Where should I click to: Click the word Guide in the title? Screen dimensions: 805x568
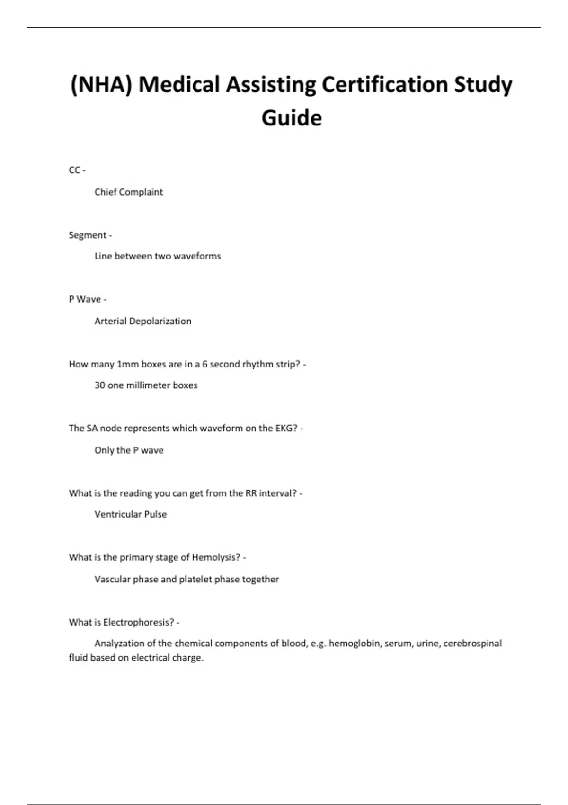pyautogui.click(x=292, y=118)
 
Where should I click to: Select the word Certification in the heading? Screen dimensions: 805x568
pyautogui.click(x=384, y=85)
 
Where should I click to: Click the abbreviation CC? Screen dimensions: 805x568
pyautogui.click(x=74, y=170)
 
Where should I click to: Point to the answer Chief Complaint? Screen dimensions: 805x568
pyautogui.click(x=128, y=192)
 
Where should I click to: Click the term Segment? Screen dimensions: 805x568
pyautogui.click(x=88, y=235)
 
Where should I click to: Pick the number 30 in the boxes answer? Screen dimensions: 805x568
pyautogui.click(x=99, y=385)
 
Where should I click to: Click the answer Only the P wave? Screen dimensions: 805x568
pyautogui.click(x=129, y=450)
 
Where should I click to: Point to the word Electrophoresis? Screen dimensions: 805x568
pyautogui.click(x=138, y=622)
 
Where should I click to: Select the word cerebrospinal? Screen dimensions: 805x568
pyautogui.click(x=472, y=643)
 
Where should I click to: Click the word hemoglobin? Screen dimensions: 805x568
pyautogui.click(x=355, y=643)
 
